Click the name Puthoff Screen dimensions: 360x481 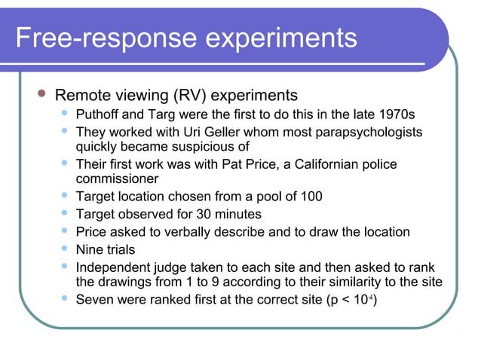101,115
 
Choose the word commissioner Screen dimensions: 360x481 118,179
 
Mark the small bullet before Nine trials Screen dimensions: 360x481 66,249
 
